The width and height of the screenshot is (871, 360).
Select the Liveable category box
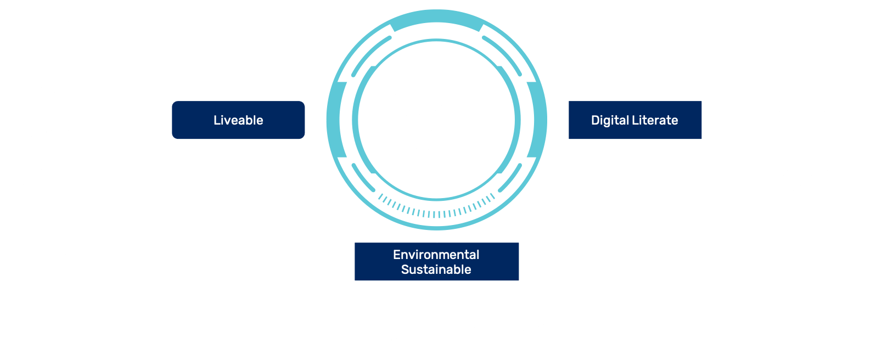[238, 120]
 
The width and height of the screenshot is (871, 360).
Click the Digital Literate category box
[634, 120]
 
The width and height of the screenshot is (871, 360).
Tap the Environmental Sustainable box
[436, 262]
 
